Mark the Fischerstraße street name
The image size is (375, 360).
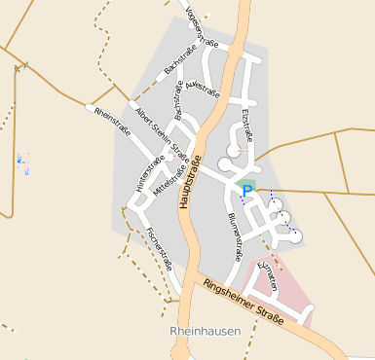tap(158, 248)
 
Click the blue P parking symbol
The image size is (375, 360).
tap(247, 192)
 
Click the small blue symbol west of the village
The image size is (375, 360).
tap(23, 161)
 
